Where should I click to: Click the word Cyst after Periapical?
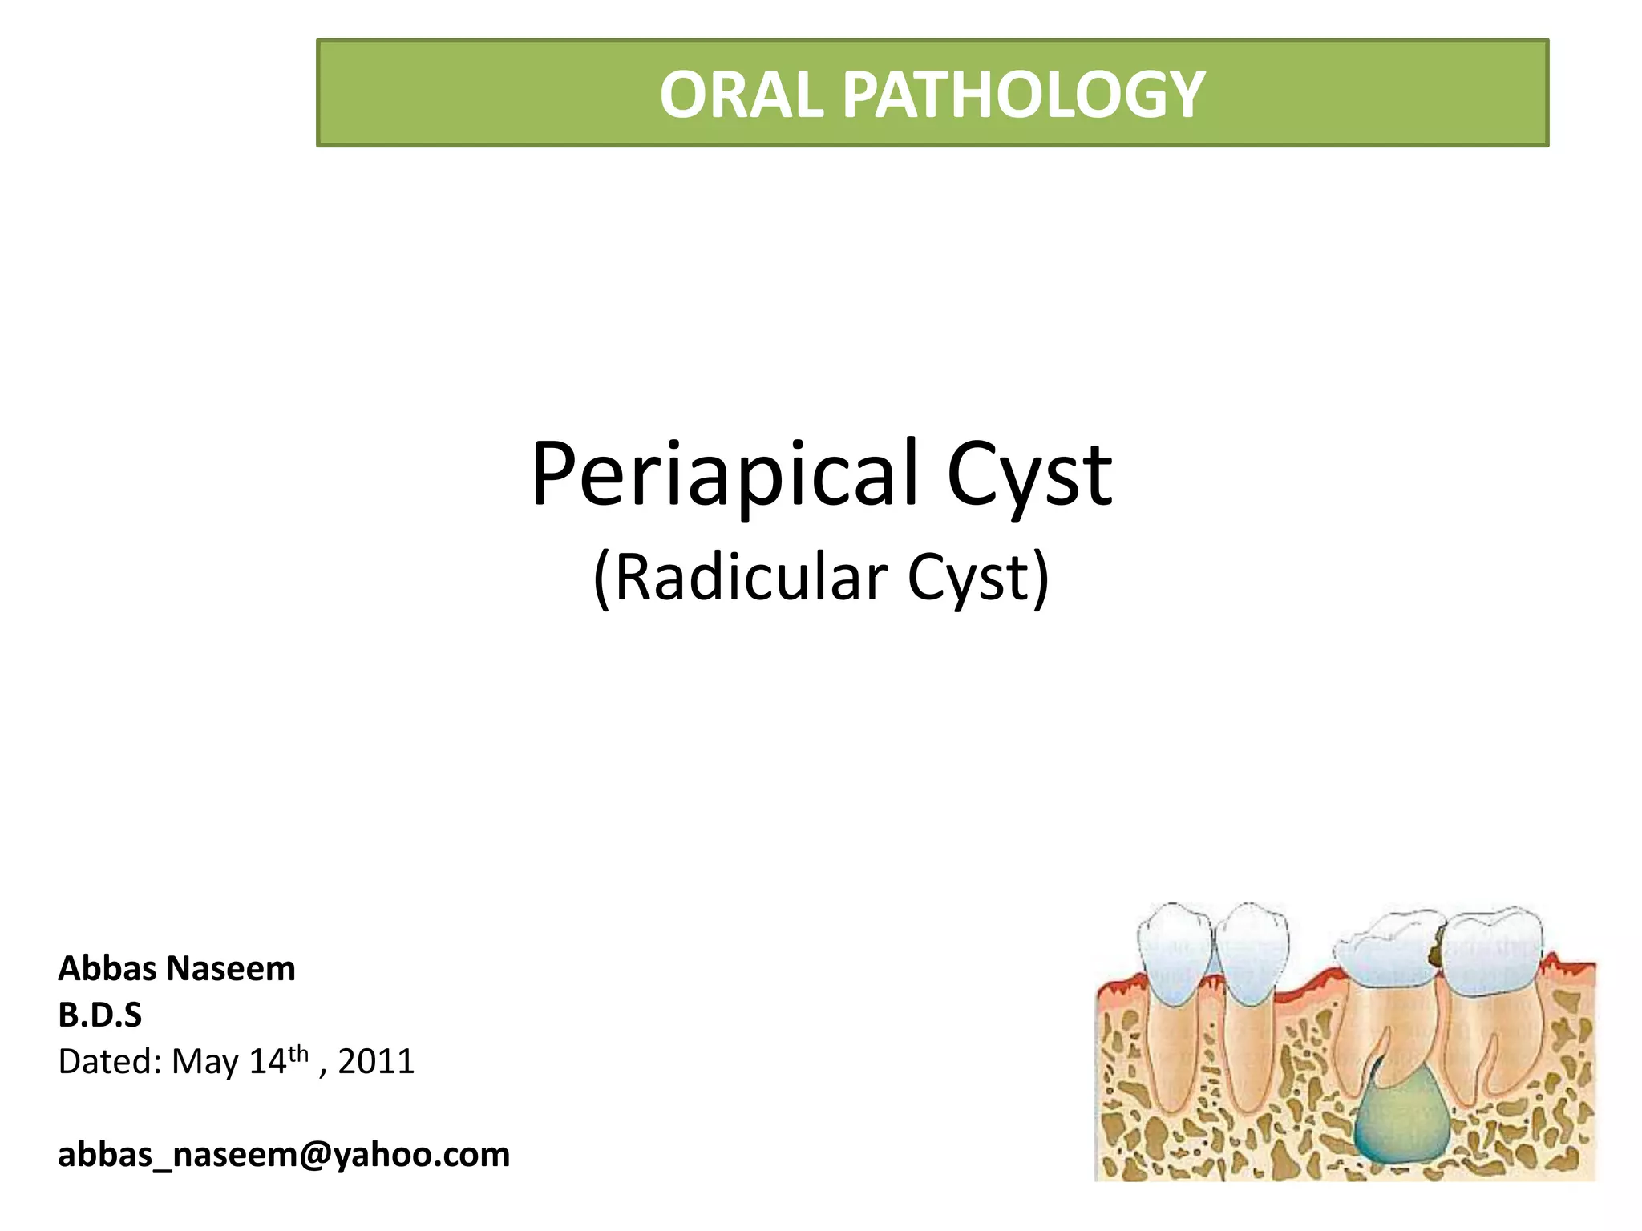pos(1029,474)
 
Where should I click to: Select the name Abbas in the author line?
pos(107,969)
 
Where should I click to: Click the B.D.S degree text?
pos(99,1015)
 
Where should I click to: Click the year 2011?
pos(376,1062)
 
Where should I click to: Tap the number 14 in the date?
pos(268,1062)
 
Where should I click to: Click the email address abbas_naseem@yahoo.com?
pos(284,1155)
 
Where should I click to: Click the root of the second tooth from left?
pos(1247,1050)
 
